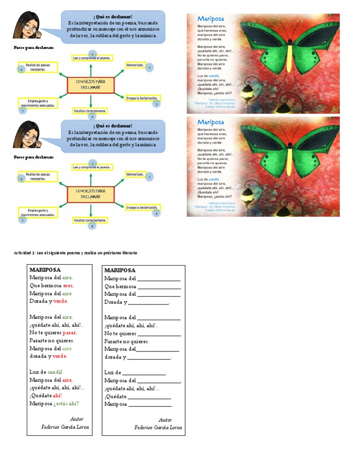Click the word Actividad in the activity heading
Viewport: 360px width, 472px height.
coord(24,253)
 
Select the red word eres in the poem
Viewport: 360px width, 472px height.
coord(68,285)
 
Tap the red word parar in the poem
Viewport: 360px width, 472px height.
coord(69,333)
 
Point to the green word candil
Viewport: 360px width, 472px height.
coord(55,372)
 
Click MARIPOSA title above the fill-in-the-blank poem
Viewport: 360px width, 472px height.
coord(120,270)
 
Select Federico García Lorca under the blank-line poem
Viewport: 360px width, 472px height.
coord(158,427)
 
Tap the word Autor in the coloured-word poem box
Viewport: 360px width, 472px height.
coord(77,419)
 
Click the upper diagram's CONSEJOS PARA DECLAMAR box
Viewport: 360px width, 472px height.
coord(91,85)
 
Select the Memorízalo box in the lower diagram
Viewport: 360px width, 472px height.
coord(135,174)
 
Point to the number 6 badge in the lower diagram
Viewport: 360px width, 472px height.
coord(22,179)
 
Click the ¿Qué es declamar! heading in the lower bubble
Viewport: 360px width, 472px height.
coord(113,126)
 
